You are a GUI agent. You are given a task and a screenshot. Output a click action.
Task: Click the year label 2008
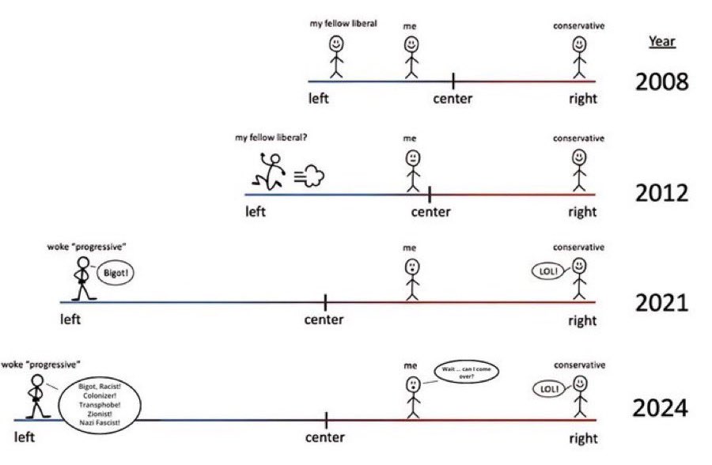pyautogui.click(x=661, y=81)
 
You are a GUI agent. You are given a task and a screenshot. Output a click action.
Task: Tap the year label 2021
pyautogui.click(x=661, y=303)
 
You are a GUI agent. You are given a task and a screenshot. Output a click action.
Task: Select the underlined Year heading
pyautogui.click(x=661, y=41)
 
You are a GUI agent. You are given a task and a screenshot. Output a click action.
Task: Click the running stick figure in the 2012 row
pyautogui.click(x=269, y=172)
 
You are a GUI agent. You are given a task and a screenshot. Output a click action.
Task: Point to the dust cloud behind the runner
pyautogui.click(x=309, y=176)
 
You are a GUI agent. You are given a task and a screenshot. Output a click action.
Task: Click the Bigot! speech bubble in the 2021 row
pyautogui.click(x=116, y=273)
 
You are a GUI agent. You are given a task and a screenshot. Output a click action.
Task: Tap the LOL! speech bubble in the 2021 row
pyautogui.click(x=547, y=271)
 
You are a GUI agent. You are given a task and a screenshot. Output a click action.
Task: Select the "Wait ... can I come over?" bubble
pyautogui.click(x=466, y=372)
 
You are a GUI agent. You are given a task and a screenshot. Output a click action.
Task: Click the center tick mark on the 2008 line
pyautogui.click(x=453, y=81)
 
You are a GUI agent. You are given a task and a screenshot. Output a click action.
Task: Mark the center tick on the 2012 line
pyautogui.click(x=430, y=195)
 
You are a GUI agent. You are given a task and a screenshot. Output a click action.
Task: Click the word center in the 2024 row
pyautogui.click(x=324, y=437)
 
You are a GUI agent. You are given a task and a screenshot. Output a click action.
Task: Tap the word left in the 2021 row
pyautogui.click(x=70, y=319)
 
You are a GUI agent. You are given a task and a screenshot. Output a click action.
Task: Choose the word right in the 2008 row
pyautogui.click(x=583, y=99)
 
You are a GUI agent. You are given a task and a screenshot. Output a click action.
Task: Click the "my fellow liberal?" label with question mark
pyautogui.click(x=271, y=137)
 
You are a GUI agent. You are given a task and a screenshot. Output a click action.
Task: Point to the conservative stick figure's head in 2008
pyautogui.click(x=579, y=44)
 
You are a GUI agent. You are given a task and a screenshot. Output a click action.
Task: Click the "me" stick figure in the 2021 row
pyautogui.click(x=412, y=280)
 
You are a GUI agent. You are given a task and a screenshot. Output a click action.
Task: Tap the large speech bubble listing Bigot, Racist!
pyautogui.click(x=100, y=405)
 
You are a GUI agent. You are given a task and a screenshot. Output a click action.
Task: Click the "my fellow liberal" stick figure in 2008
pyautogui.click(x=336, y=57)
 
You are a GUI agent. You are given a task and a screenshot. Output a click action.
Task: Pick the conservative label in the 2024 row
pyautogui.click(x=579, y=365)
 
